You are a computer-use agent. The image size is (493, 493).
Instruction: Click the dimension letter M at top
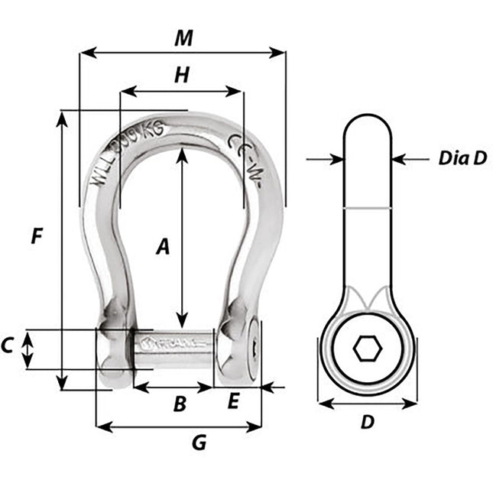point(183,38)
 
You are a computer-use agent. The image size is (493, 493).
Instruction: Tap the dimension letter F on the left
point(36,237)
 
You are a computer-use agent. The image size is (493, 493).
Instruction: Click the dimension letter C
point(8,345)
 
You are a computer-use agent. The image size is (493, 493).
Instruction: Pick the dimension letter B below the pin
point(179,404)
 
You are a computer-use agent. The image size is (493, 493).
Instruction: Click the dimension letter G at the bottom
point(199,443)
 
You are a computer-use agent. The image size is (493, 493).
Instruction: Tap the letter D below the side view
point(368,421)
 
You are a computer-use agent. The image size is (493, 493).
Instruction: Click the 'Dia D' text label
point(462,158)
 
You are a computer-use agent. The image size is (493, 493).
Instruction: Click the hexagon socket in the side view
point(368,350)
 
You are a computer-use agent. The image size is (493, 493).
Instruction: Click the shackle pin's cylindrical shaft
point(174,349)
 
